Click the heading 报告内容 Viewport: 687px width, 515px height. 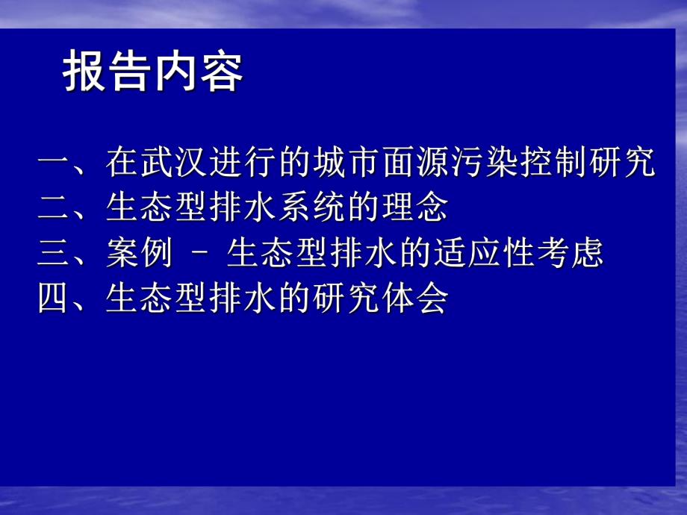pos(152,74)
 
